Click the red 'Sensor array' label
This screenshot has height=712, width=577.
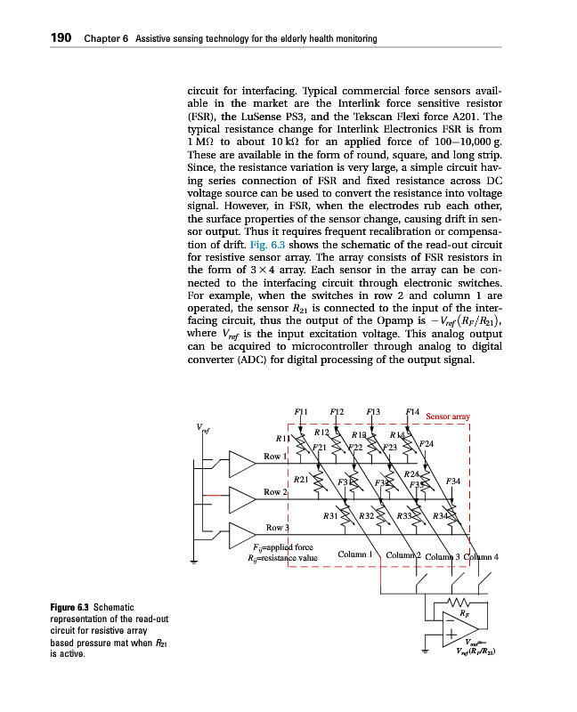pyautogui.click(x=448, y=416)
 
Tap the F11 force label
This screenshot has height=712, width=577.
pyautogui.click(x=301, y=411)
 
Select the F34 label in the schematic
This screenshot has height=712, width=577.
pyautogui.click(x=452, y=481)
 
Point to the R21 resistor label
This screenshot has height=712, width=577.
pyautogui.click(x=301, y=479)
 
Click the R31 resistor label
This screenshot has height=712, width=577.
pyautogui.click(x=330, y=515)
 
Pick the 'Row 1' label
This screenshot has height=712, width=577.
pyautogui.click(x=274, y=457)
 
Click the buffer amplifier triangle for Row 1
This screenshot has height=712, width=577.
pyautogui.click(x=241, y=464)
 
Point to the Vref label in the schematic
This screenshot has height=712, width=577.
pyautogui.click(x=204, y=430)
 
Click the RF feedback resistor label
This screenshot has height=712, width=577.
pyautogui.click(x=465, y=611)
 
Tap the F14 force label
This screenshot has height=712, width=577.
pyautogui.click(x=411, y=411)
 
